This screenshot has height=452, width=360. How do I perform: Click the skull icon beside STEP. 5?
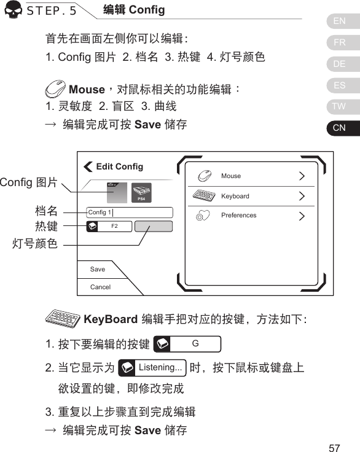click(13, 12)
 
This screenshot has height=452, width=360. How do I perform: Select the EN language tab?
click(339, 21)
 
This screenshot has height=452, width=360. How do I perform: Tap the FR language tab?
click(339, 43)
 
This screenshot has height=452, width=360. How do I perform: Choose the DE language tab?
click(339, 64)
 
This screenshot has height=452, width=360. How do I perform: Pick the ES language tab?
click(339, 85)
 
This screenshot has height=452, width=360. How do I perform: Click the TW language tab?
click(339, 106)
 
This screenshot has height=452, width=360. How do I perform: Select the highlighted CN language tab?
click(339, 128)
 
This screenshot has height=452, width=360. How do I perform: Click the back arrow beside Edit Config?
click(88, 167)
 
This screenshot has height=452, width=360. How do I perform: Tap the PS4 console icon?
click(141, 193)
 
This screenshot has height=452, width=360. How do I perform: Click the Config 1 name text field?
click(130, 212)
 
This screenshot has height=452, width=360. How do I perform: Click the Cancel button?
click(100, 287)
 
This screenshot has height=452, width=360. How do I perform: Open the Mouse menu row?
click(250, 176)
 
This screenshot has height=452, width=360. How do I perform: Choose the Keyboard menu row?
click(250, 197)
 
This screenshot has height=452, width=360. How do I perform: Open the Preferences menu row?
click(250, 216)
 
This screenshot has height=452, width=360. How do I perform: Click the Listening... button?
click(153, 368)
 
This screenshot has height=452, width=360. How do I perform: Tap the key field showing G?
click(187, 343)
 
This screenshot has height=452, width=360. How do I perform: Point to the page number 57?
click(334, 446)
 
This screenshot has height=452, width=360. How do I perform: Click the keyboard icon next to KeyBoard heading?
click(63, 319)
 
